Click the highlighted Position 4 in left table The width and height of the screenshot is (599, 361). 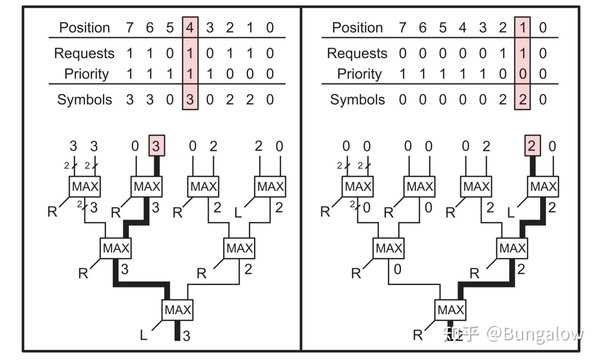[190, 27]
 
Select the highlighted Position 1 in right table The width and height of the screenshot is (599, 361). [522, 27]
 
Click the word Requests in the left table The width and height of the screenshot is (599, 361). [84, 53]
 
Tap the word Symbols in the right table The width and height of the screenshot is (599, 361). [357, 100]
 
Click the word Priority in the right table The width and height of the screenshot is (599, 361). [359, 74]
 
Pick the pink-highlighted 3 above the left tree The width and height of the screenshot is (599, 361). [157, 146]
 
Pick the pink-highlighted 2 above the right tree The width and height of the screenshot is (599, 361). [532, 146]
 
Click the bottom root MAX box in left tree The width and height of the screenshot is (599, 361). [177, 310]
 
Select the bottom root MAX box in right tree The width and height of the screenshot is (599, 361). [450, 310]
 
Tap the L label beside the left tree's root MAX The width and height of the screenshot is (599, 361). [144, 335]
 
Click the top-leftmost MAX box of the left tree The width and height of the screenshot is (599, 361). [85, 187]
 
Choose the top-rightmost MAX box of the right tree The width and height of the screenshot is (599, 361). [543, 187]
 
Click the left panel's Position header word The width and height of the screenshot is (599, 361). [84, 27]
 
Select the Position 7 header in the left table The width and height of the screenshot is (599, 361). [130, 27]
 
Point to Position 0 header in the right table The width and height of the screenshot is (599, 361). [542, 27]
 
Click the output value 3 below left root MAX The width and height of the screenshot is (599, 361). [187, 336]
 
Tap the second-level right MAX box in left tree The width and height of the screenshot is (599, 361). [239, 248]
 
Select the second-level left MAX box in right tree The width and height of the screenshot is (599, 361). [388, 248]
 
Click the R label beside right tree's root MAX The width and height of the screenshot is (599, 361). [418, 335]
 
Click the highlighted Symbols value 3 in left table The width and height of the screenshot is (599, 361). [190, 100]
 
